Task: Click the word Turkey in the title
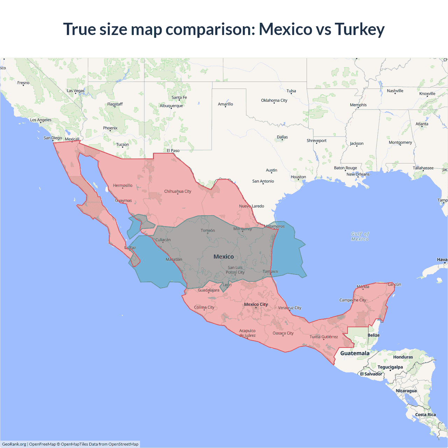coord(359,29)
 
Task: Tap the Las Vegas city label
coord(76,91)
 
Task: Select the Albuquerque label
coord(171,106)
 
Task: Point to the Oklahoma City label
coord(274,100)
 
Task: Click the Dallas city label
coord(282,137)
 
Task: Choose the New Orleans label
coord(358,174)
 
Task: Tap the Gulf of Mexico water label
coord(360,237)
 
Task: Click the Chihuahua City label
coord(178,191)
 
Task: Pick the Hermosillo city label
coord(122,185)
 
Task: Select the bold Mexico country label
coord(224,257)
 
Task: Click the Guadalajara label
coord(209,290)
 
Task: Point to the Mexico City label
coord(256,304)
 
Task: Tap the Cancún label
coord(394,284)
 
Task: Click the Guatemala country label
coord(355,353)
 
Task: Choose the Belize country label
coord(373,335)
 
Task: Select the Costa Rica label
coord(425,415)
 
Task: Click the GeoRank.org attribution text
coord(14,444)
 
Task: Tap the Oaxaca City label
coord(283,333)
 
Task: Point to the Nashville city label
coord(395,91)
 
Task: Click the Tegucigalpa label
coord(390,367)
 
